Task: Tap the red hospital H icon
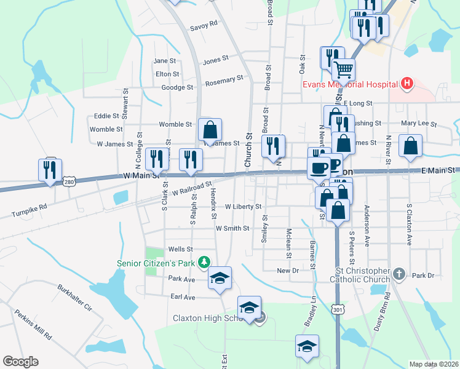(x=406, y=83)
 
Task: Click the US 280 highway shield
(x=69, y=181)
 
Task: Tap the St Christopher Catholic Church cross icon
(x=399, y=273)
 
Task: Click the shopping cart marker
(x=343, y=69)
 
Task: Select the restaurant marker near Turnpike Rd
(x=50, y=170)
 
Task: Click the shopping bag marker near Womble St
(x=210, y=130)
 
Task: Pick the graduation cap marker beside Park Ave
(x=220, y=278)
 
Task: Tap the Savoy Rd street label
(x=204, y=25)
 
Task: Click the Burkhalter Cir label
(x=74, y=298)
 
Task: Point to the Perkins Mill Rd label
(x=33, y=323)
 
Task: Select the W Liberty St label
(x=244, y=207)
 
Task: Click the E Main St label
(x=438, y=170)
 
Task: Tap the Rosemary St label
(x=224, y=81)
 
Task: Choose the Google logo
(x=20, y=362)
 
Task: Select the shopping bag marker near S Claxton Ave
(x=410, y=146)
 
